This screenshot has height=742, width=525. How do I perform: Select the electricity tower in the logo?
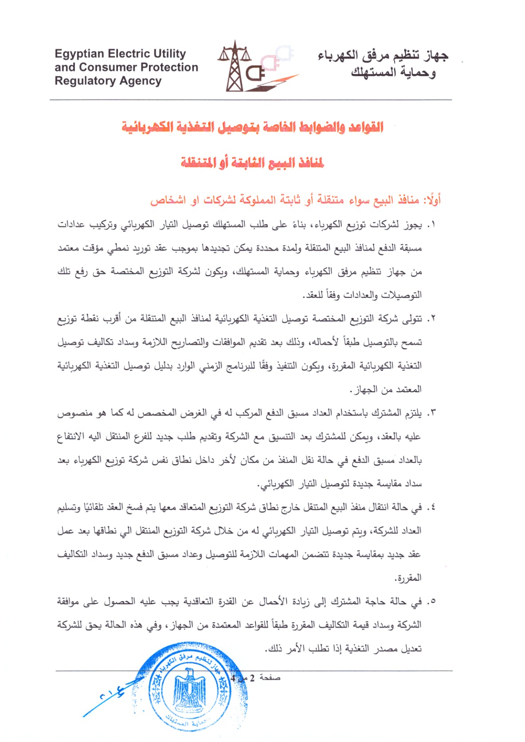(234, 66)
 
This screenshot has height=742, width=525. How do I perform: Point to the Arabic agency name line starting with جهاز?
(383, 56)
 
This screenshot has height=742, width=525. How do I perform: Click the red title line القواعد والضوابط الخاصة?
(253, 128)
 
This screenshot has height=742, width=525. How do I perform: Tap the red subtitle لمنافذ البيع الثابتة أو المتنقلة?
(252, 163)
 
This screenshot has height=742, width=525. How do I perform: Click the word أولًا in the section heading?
(432, 200)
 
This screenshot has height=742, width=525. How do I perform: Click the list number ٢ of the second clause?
(432, 319)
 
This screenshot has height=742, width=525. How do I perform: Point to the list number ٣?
(432, 414)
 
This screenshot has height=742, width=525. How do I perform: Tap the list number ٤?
(432, 508)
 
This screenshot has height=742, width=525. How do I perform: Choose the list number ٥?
(432, 602)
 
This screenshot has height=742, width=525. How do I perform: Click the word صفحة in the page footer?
(270, 678)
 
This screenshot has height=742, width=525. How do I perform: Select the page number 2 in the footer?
(252, 678)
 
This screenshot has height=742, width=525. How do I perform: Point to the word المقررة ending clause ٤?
(408, 578)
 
